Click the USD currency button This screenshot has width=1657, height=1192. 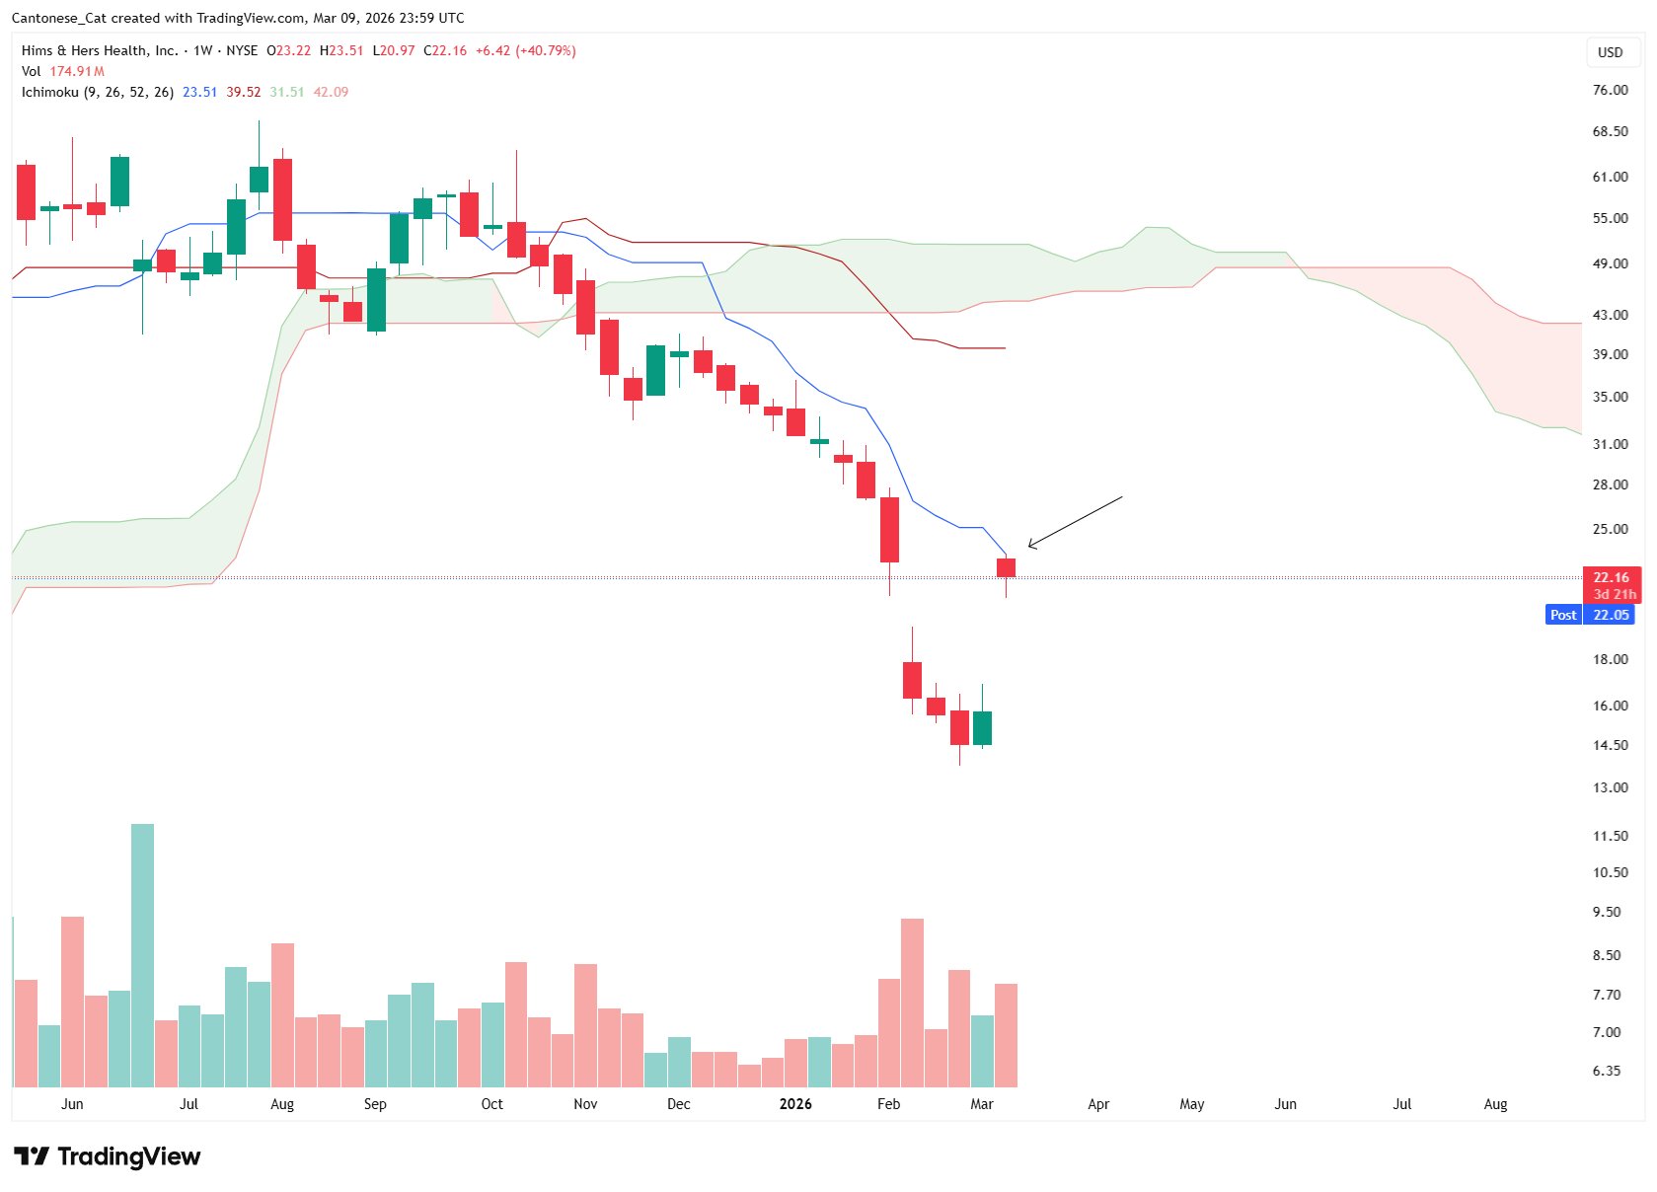pos(1610,52)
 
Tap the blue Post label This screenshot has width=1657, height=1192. pos(1563,615)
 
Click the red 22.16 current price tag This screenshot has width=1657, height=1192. pos(1611,578)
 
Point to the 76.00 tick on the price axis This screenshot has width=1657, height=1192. pos(1610,90)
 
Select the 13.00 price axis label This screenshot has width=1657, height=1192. pos(1610,787)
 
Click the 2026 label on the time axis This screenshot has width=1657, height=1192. pos(795,1104)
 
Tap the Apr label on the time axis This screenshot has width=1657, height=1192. pos(1098,1104)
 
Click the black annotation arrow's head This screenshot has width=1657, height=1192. pos(1030,545)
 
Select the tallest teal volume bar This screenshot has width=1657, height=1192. pos(142,954)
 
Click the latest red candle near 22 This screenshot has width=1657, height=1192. pos(1006,568)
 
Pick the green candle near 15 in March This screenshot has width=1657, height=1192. pos(982,727)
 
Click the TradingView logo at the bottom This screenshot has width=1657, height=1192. pos(107,1156)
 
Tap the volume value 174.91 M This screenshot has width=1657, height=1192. pos(77,71)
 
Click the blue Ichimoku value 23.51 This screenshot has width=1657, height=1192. pos(199,92)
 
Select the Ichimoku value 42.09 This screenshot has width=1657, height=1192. pos(331,92)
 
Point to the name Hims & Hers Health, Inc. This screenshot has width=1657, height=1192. pos(100,50)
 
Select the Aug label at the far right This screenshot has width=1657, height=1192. pos(1495,1104)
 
